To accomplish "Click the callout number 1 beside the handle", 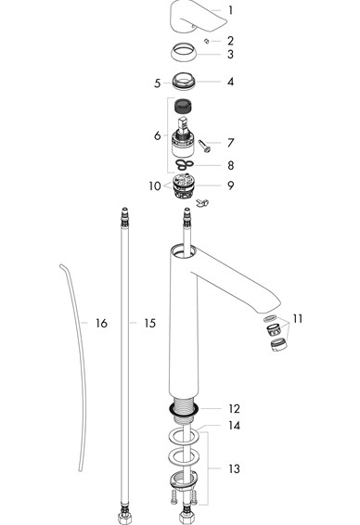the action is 230,10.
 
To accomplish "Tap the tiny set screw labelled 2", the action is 207,41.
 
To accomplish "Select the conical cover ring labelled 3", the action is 184,52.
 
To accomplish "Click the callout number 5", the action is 157,83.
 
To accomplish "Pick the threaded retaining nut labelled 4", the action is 184,82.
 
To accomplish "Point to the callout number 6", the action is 158,135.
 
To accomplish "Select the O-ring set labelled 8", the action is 185,164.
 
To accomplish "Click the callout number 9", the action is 230,186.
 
